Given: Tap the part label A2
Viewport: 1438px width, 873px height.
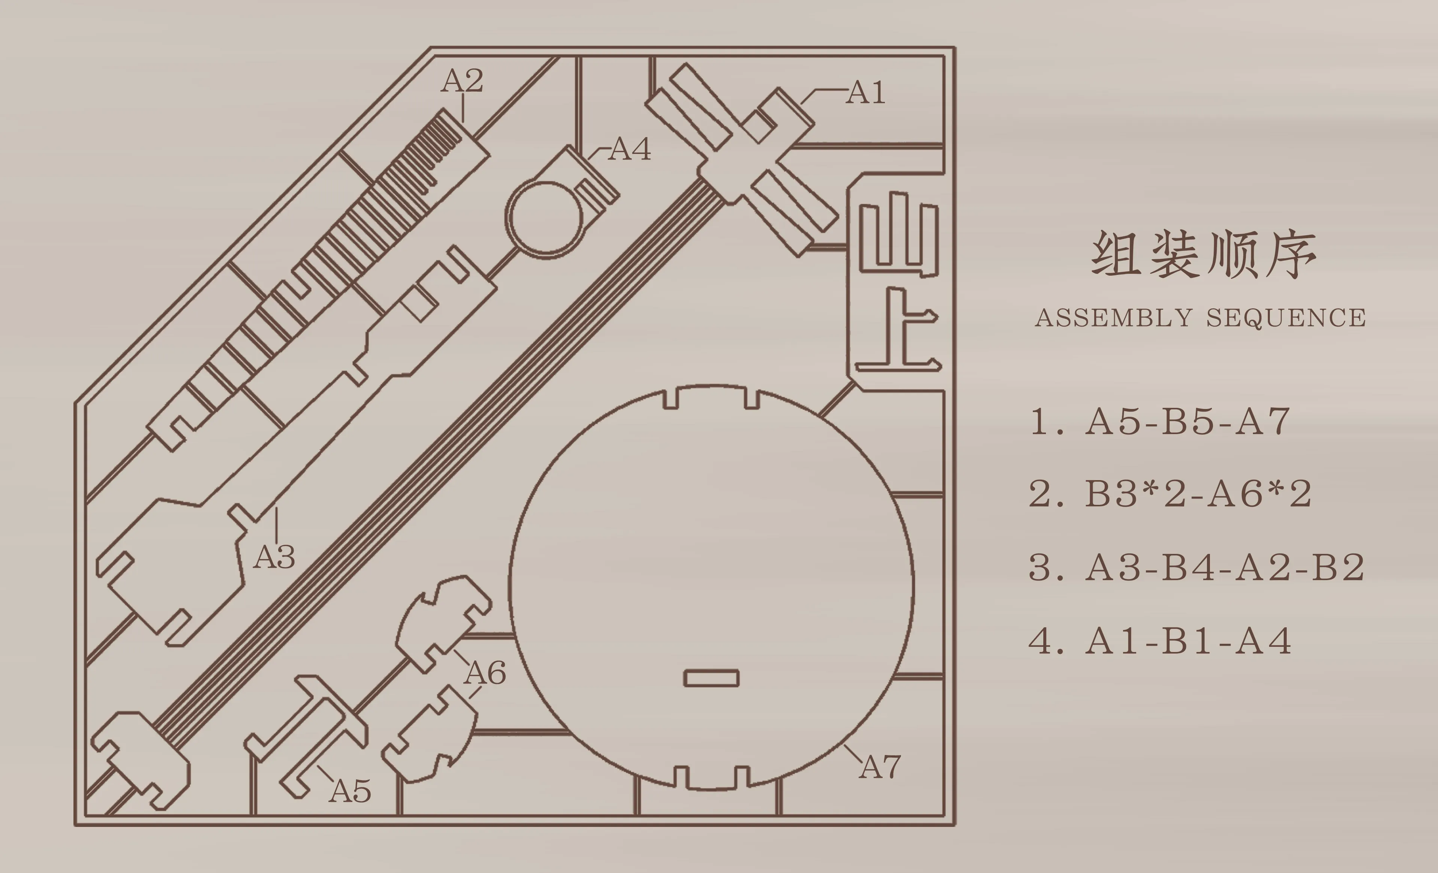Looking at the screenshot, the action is (x=462, y=81).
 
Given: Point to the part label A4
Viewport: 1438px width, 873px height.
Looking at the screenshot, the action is (x=630, y=149).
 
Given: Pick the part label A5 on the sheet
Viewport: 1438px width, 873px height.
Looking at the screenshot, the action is (x=350, y=791).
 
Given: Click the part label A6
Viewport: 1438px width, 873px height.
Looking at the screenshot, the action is (x=485, y=673).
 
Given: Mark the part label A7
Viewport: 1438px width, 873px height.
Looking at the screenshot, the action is (x=880, y=767).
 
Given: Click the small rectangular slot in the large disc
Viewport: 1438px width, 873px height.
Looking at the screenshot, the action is (x=711, y=678).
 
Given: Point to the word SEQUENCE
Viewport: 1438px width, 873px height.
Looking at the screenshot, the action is (x=1286, y=318).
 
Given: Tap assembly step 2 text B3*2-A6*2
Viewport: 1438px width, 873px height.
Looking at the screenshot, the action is (x=1198, y=494).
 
